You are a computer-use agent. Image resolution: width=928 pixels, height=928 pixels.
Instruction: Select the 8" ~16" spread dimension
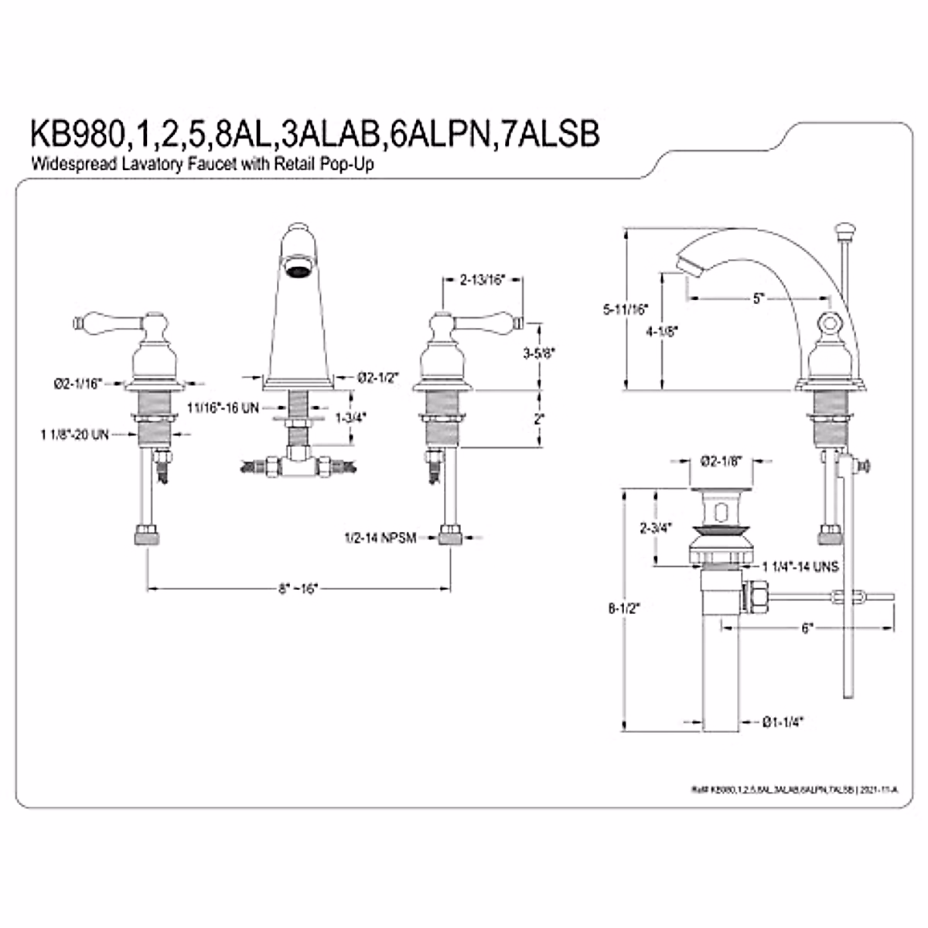point(299,589)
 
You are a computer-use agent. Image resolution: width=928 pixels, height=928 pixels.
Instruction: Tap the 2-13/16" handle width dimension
point(481,280)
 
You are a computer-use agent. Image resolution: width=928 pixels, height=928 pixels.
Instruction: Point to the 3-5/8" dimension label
point(539,353)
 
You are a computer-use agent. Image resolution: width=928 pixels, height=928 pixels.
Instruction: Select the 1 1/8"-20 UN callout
point(74,435)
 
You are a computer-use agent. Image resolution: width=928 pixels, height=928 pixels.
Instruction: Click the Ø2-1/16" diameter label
point(78,382)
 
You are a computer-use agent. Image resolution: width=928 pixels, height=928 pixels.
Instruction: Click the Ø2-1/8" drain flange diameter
point(721,462)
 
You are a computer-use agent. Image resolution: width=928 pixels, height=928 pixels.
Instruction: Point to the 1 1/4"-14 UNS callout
point(800,566)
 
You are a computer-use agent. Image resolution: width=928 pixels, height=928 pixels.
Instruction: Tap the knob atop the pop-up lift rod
point(843,230)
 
